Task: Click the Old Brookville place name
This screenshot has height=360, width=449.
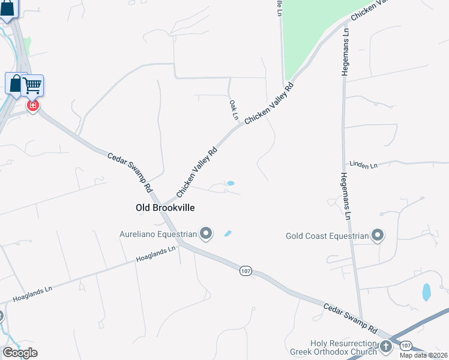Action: [x=165, y=208]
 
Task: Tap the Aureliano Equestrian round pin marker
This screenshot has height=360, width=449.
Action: [x=206, y=233]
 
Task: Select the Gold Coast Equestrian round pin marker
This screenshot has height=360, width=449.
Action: [x=378, y=235]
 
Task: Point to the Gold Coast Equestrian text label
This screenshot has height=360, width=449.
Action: [x=327, y=236]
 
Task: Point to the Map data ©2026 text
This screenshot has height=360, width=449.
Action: [x=424, y=355]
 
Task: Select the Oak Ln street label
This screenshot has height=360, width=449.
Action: [x=234, y=109]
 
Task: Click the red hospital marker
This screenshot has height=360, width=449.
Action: [x=33, y=106]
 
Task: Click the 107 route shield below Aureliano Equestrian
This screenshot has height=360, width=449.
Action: [x=245, y=271]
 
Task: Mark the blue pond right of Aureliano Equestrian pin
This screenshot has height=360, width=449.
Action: [x=228, y=233]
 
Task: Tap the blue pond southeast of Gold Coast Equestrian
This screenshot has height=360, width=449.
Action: [x=426, y=292]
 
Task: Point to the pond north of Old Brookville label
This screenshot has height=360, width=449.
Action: [x=230, y=183]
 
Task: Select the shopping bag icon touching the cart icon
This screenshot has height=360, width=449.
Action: [x=14, y=83]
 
